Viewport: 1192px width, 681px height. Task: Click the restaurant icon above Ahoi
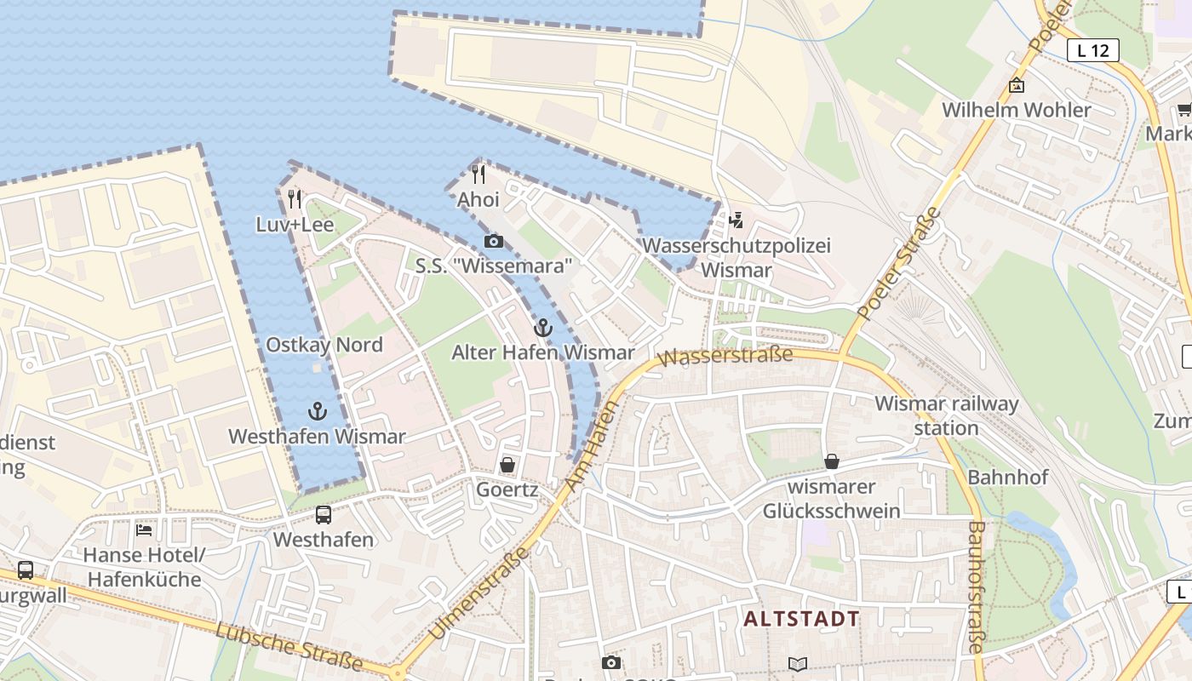tap(479, 175)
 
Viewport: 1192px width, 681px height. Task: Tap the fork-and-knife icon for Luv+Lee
tap(295, 199)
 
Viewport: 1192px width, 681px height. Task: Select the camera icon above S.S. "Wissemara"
tap(493, 242)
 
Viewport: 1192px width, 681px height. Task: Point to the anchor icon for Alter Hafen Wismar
tap(542, 327)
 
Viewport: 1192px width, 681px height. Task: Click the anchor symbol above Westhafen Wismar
tap(317, 411)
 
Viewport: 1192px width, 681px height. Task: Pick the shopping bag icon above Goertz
tap(507, 465)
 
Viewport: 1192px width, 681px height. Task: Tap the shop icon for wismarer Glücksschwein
tap(832, 461)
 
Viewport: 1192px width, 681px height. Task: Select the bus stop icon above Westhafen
tap(324, 514)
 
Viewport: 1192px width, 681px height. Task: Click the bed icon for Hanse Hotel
tap(144, 529)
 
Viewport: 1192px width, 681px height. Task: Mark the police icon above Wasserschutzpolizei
tap(736, 220)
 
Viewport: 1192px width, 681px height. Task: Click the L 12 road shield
tap(1092, 50)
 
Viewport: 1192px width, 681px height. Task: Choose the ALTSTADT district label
tap(801, 618)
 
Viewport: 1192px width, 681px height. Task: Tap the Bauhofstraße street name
tap(976, 587)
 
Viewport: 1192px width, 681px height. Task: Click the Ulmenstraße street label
tap(477, 594)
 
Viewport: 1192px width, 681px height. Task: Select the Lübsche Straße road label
tap(289, 646)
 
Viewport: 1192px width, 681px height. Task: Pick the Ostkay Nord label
tap(324, 345)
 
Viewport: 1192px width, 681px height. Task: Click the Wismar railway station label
tap(946, 415)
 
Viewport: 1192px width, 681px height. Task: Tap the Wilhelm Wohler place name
tap(1016, 110)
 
